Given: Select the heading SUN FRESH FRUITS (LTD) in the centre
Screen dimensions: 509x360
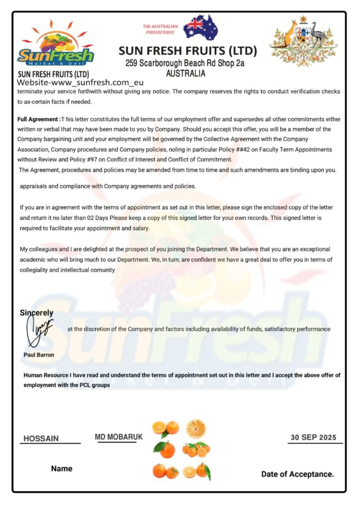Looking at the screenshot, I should (188, 51).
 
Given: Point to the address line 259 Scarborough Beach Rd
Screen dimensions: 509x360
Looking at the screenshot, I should (184, 63).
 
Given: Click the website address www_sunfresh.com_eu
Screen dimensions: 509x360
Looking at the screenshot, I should (80, 83).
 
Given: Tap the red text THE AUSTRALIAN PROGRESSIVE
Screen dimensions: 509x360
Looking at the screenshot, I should (160, 29).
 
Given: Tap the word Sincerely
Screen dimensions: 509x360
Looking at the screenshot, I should (36, 313).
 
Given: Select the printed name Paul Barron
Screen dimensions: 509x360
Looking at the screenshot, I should (39, 355).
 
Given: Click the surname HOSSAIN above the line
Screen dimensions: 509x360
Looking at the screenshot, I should (41, 438).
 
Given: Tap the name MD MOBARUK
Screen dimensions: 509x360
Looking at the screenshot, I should (118, 436).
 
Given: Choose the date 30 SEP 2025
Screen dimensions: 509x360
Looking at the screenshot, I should (313, 437).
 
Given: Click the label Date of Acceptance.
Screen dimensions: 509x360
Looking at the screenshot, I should (297, 474).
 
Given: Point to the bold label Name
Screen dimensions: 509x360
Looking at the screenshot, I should (62, 468).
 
